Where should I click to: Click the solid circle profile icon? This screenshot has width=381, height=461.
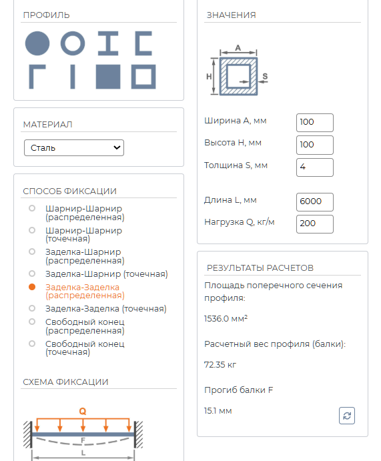[37, 43]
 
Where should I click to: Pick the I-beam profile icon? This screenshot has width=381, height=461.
[108, 43]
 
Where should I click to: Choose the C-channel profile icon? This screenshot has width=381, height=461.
[138, 43]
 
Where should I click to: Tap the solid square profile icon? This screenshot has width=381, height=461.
[108, 77]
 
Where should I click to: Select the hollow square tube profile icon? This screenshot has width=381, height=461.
[134, 77]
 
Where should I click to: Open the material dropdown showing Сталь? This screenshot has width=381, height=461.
[74, 147]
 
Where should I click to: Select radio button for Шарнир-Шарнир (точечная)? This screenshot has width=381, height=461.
[32, 230]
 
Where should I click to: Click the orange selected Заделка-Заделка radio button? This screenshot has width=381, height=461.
[32, 287]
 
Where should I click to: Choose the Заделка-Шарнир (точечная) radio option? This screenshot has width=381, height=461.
[32, 274]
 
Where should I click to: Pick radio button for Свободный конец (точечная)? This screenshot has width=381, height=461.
[32, 344]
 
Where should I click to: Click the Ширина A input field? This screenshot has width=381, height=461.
[315, 123]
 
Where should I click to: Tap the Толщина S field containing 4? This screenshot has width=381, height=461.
[315, 167]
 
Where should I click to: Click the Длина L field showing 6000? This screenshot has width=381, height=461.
[315, 202]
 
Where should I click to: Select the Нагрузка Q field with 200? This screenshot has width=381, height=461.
[315, 224]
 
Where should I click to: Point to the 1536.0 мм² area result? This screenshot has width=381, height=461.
[226, 319]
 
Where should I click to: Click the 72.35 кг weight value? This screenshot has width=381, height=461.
[220, 365]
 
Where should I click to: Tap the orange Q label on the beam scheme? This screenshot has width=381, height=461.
[83, 412]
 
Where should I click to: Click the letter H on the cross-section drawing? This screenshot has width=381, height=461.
[209, 77]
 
